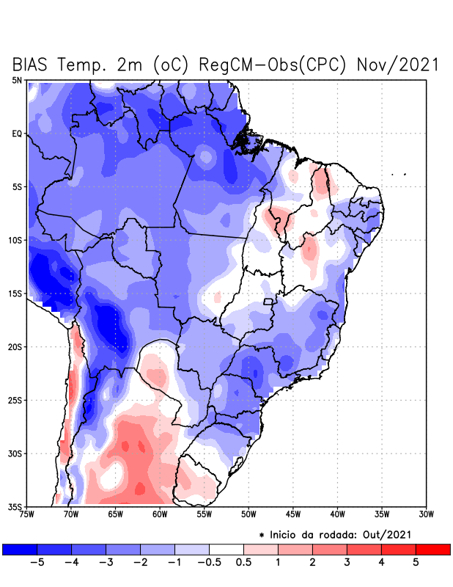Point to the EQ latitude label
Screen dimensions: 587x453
tap(17, 134)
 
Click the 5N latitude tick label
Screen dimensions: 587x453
tap(17, 80)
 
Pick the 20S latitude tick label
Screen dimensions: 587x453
tap(15, 346)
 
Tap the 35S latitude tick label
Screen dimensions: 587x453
tap(15, 506)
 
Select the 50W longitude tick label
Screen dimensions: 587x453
tap(248, 514)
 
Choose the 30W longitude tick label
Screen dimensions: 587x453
tap(427, 514)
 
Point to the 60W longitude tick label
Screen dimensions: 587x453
tap(160, 514)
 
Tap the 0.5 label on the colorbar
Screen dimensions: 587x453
tap(243, 563)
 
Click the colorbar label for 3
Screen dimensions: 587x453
tap(347, 563)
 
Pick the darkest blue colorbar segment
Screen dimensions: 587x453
tap(20, 549)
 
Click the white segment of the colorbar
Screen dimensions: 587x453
tap(226, 549)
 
